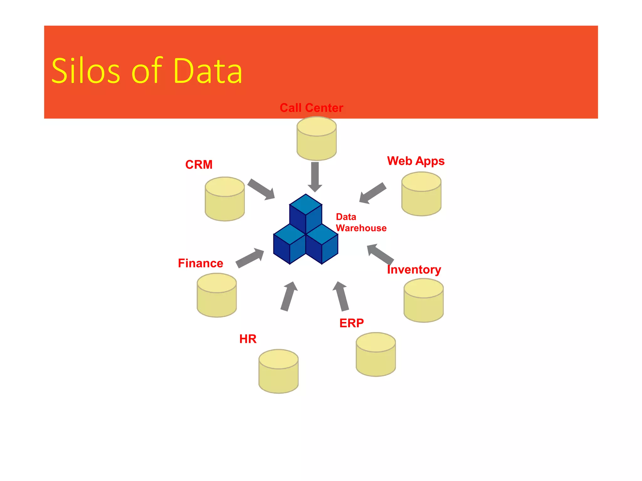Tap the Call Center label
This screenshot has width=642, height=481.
311,108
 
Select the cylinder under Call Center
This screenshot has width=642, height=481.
317,138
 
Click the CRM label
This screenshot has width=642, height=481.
199,165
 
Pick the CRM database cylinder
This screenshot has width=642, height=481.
225,199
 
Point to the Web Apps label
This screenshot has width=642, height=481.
416,161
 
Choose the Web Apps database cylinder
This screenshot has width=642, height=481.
421,194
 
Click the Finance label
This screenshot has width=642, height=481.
201,263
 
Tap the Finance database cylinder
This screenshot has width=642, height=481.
217,295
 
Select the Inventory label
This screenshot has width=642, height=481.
414,270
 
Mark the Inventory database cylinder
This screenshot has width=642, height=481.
424,301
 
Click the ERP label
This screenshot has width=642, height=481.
351,323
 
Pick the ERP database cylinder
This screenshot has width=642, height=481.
376,354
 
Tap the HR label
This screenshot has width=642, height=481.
248,339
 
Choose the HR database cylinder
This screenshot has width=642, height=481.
278,371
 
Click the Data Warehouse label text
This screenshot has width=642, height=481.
361,223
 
